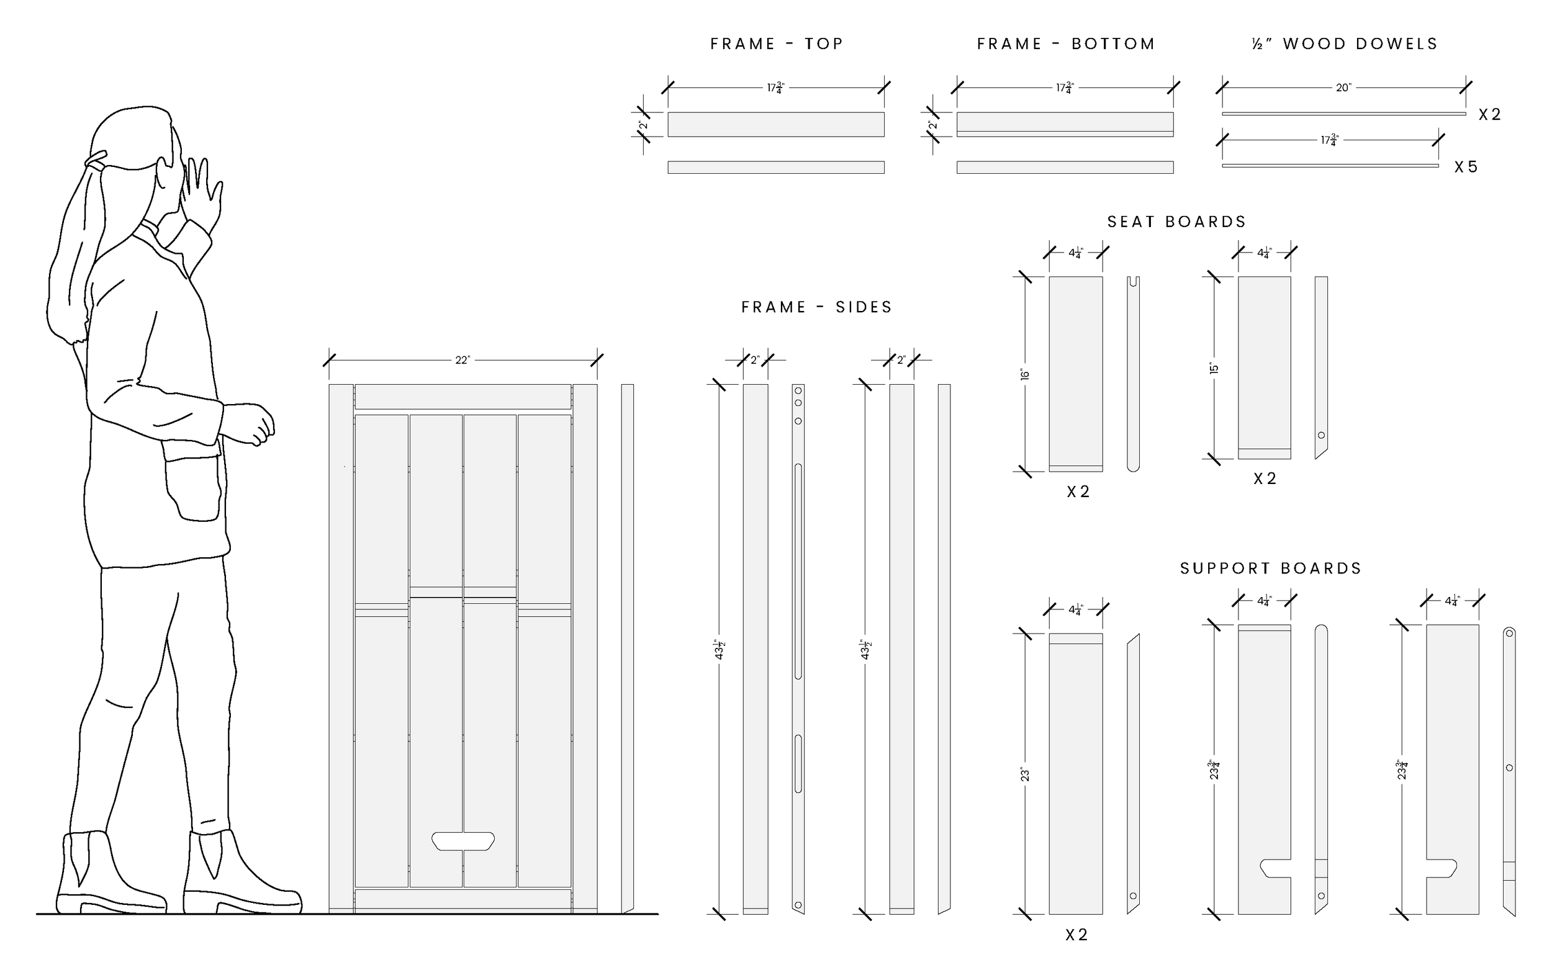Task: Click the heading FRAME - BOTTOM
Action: coord(1066,43)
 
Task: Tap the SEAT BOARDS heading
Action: coord(1176,222)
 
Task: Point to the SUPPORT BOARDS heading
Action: coord(1270,568)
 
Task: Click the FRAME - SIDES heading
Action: coord(817,307)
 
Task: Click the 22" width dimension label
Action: coord(462,361)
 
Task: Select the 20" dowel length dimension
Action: coord(1343,88)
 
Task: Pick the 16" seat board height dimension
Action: coord(1024,375)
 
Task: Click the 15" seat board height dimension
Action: coord(1213,369)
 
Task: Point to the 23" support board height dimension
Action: coord(1024,775)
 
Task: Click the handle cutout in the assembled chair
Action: coord(462,841)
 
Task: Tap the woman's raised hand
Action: coord(204,192)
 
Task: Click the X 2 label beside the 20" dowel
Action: coord(1490,115)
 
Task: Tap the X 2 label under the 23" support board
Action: coord(1076,935)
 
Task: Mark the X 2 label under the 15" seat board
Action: coord(1265,479)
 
